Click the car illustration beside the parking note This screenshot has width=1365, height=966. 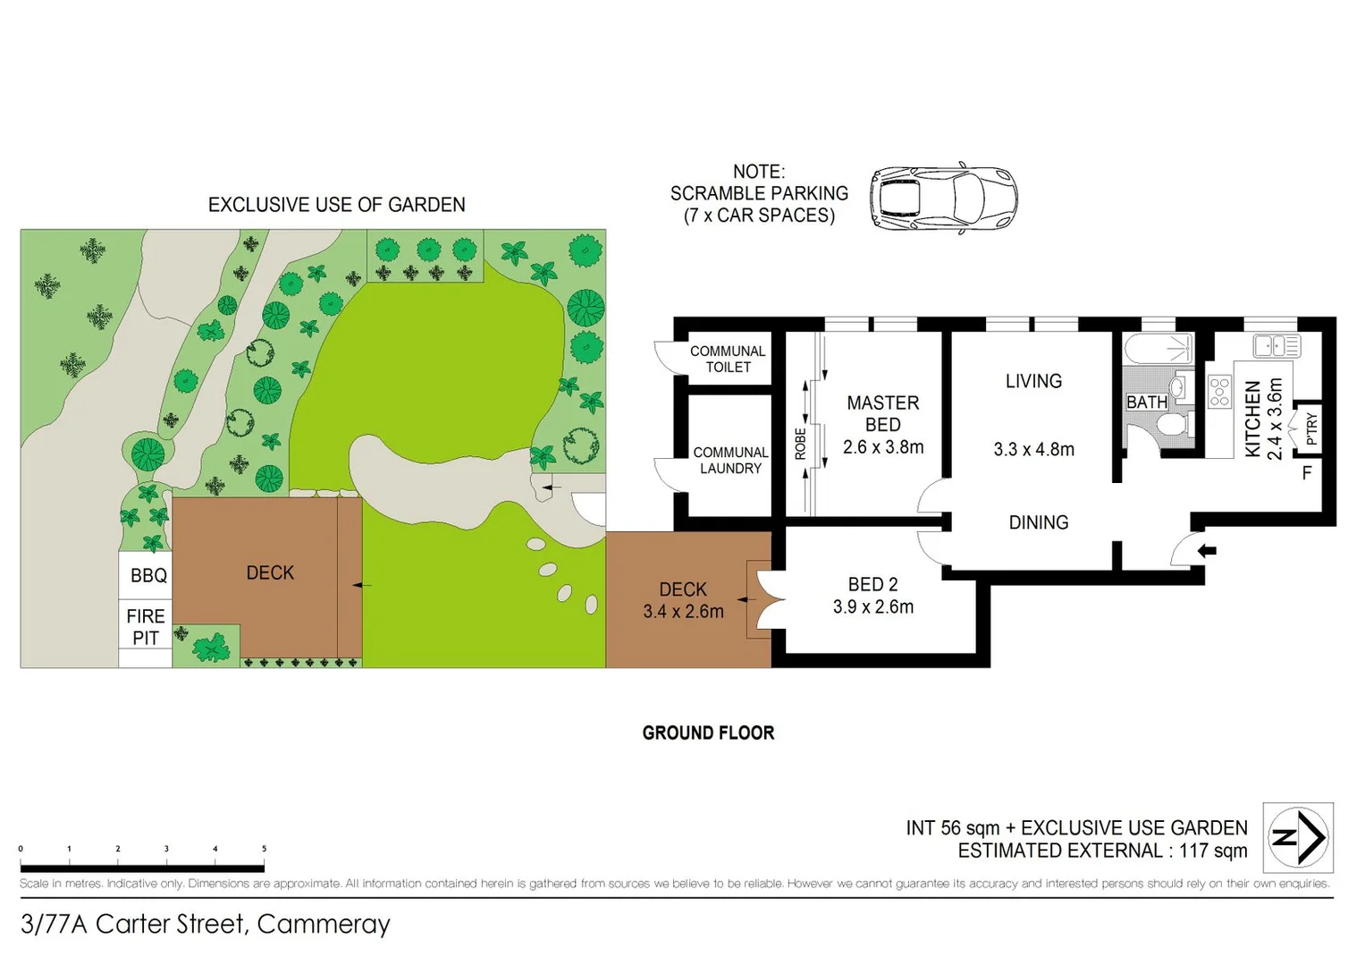tap(943, 199)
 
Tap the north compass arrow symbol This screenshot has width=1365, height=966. tap(1298, 838)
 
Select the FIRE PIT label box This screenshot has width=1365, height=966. tap(146, 626)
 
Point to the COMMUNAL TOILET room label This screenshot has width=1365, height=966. tap(728, 359)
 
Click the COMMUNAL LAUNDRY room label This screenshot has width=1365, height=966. tap(730, 460)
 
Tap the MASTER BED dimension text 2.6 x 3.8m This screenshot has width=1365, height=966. tap(883, 447)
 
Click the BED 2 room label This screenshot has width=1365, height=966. tap(872, 584)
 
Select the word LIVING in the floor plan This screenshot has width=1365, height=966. tap(1033, 381)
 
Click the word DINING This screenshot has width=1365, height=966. tap(1039, 522)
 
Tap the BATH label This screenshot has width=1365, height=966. tap(1146, 402)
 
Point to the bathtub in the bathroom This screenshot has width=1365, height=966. tap(1159, 347)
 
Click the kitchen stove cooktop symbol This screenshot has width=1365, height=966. tap(1219, 392)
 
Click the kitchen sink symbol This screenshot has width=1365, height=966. tap(1277, 345)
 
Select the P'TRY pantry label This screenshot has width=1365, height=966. tap(1310, 428)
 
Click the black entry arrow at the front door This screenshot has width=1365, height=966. tap(1207, 550)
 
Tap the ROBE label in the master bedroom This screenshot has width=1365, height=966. tap(800, 444)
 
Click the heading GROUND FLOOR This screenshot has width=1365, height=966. tap(708, 733)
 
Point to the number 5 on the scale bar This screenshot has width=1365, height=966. tap(264, 849)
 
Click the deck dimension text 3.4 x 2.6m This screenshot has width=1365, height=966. tap(683, 612)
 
